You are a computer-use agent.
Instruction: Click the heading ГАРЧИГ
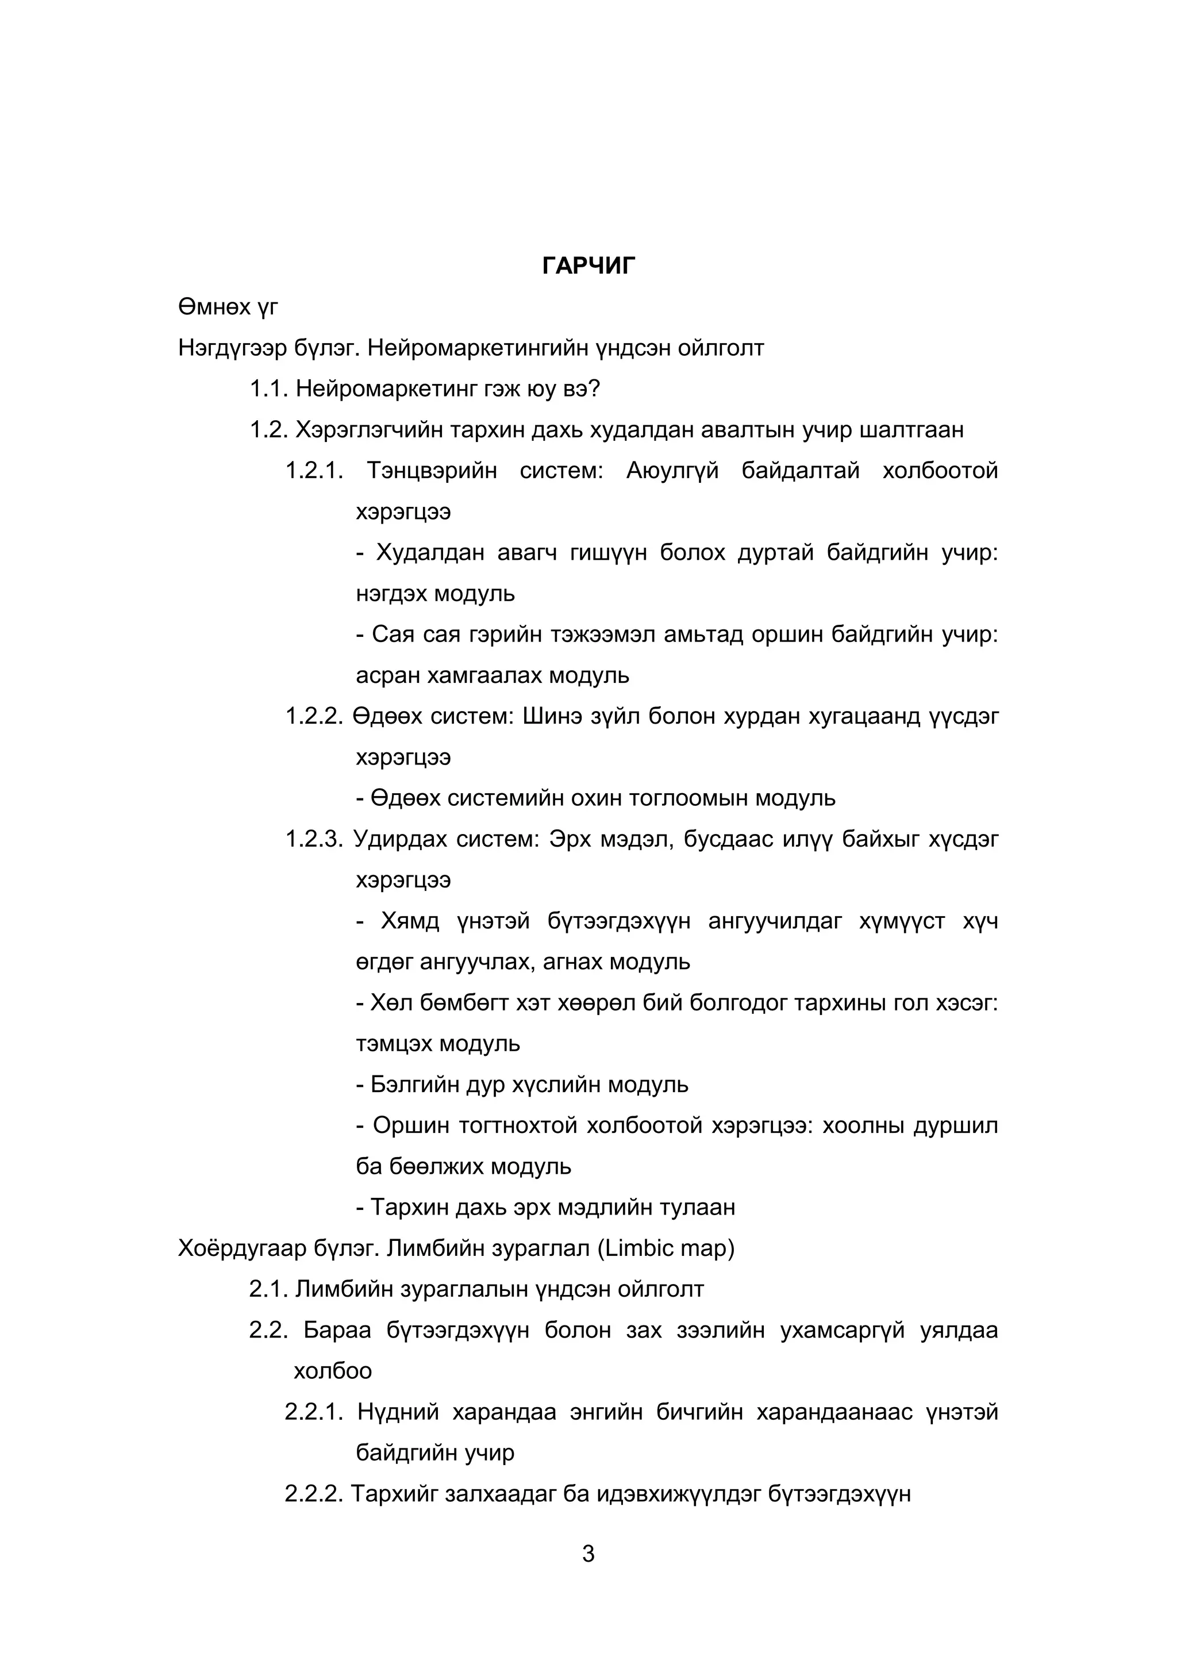[588, 266]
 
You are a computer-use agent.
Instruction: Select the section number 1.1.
[269, 389]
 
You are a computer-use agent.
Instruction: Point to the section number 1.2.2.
[313, 716]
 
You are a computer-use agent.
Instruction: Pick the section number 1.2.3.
[313, 839]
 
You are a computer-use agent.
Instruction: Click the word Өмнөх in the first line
[214, 308]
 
